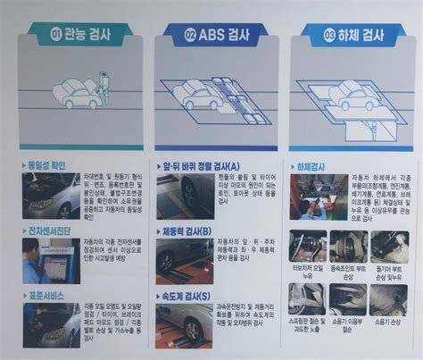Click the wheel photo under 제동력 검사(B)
[x=184, y=261]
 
